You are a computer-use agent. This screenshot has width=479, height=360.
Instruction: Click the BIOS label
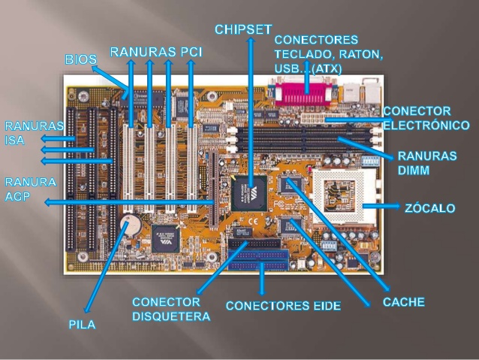coord(81,59)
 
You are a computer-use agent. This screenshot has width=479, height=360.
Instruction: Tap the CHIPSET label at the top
coord(243,29)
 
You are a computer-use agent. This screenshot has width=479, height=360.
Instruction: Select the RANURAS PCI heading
coord(156,53)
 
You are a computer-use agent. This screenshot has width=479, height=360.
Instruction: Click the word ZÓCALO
coord(429,207)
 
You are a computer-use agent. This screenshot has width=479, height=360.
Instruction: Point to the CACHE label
coord(404,302)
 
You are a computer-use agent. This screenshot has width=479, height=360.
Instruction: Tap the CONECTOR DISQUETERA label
coord(170,309)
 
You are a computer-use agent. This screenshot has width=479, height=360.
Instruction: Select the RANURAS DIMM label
coord(426,163)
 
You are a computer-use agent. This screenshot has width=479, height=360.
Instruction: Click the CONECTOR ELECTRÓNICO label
coord(426,118)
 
